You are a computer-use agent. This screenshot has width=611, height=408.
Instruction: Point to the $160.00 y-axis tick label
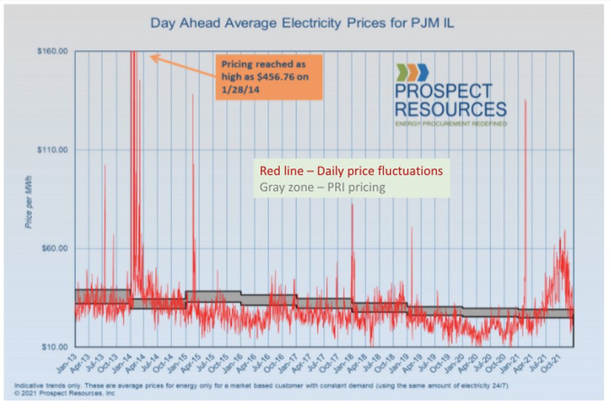click(53, 52)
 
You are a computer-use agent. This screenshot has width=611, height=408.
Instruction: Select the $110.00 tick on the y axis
click(53, 150)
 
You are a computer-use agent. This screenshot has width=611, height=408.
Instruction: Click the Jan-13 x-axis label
click(67, 360)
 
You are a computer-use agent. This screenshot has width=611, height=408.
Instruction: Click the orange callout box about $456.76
click(269, 76)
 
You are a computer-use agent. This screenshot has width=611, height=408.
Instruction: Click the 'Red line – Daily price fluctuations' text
click(351, 171)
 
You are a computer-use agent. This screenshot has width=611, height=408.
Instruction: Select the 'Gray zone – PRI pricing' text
click(322, 187)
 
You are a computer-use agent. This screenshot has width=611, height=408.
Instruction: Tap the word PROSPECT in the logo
click(443, 91)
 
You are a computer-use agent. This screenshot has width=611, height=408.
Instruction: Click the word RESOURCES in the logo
click(450, 109)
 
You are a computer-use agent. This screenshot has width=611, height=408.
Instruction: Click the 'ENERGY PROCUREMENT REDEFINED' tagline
click(450, 123)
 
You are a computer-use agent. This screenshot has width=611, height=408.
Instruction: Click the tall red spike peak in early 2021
click(525, 100)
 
